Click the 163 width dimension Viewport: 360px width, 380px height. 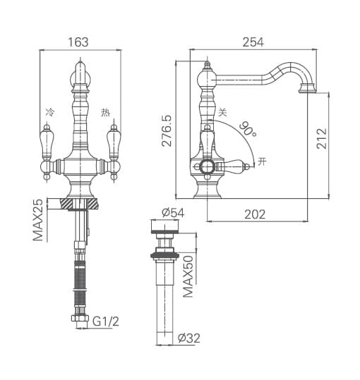[78, 42]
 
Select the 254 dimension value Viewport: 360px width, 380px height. [252, 42]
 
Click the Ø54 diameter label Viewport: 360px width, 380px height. [173, 213]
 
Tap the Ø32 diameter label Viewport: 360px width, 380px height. [189, 338]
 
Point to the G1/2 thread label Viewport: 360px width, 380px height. [105, 321]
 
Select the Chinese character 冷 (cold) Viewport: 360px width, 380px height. [49, 112]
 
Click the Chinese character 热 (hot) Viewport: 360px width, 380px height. [105, 112]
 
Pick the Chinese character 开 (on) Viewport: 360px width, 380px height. [263, 161]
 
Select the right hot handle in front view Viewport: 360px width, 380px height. [111, 145]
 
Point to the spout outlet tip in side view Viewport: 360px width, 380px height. [309, 88]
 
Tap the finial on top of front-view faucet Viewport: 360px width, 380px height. [80, 71]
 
